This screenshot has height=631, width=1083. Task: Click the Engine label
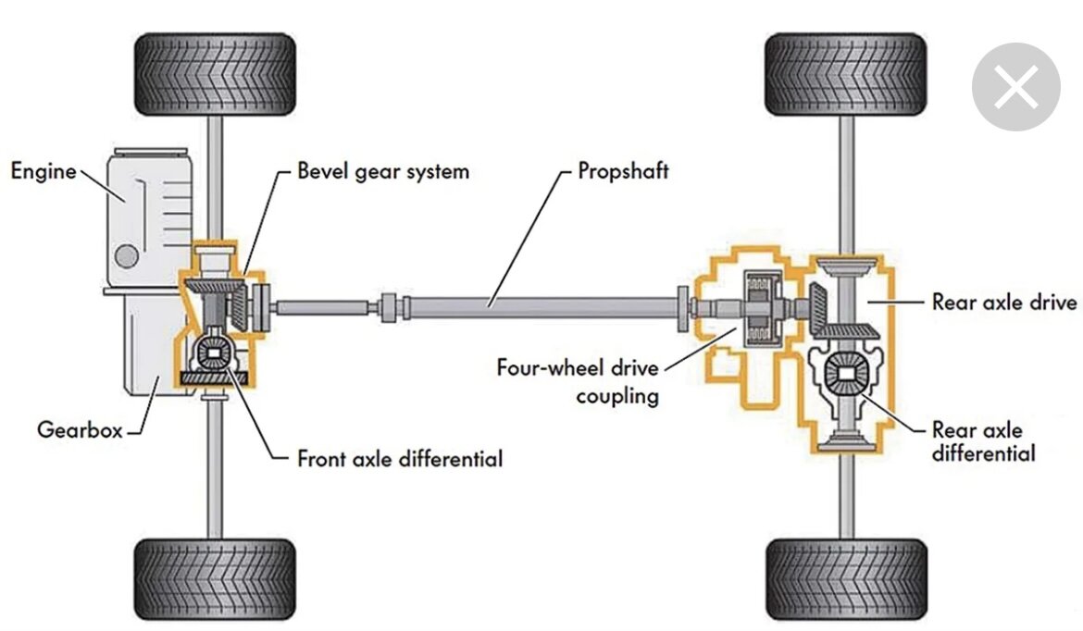click(x=44, y=171)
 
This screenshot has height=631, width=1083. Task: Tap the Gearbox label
click(x=80, y=429)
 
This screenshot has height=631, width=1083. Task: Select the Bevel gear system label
click(x=383, y=171)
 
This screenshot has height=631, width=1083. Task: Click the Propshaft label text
click(x=623, y=171)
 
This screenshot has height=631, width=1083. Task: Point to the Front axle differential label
click(x=400, y=458)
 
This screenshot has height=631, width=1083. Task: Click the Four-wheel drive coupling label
click(x=579, y=381)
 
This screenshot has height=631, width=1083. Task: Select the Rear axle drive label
click(x=1004, y=302)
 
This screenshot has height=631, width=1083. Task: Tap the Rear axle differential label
click(x=984, y=441)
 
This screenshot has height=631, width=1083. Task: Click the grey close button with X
click(x=1016, y=87)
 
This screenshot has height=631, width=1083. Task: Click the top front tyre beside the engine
click(x=215, y=74)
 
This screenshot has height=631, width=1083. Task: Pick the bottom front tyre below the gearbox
click(x=215, y=578)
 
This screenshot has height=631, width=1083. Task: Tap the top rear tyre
click(x=846, y=74)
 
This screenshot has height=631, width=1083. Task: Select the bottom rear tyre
click(x=846, y=578)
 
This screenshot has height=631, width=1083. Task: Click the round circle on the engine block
click(x=127, y=256)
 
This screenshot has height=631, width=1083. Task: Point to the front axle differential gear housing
click(x=214, y=353)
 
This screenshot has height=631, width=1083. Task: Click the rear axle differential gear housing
click(x=846, y=375)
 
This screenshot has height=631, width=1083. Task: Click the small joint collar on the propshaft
click(x=390, y=307)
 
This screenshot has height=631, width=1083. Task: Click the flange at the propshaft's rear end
click(x=682, y=309)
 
